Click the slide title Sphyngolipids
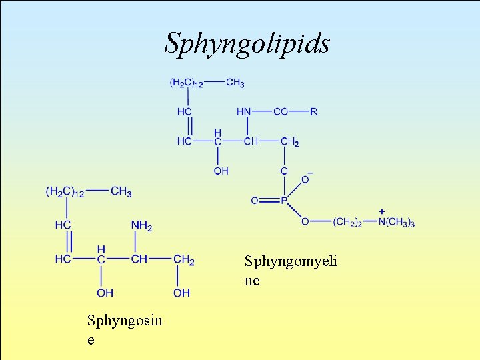click(247, 43)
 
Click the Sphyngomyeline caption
click(291, 270)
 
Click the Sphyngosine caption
click(125, 329)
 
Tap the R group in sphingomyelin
click(313, 111)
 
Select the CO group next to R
click(281, 111)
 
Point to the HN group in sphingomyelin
click(243, 111)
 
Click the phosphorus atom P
click(283, 200)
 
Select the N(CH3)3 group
click(397, 223)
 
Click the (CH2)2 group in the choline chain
click(347, 223)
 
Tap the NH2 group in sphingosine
click(141, 226)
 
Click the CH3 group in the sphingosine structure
click(121, 192)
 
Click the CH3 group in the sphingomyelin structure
click(235, 83)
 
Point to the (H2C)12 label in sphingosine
click(65, 192)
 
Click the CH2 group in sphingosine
click(183, 259)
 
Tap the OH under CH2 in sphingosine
click(181, 293)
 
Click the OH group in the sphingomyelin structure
click(221, 171)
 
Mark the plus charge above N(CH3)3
click(381, 211)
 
